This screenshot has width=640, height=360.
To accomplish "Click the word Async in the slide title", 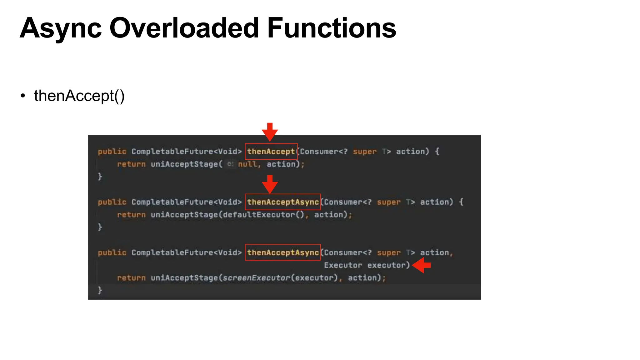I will [61, 28].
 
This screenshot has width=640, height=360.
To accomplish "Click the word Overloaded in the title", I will [184, 28].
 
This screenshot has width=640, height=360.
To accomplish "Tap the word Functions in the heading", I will [332, 28].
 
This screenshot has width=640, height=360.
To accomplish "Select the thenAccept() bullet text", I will [79, 96].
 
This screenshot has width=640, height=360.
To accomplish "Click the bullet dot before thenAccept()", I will [22, 96].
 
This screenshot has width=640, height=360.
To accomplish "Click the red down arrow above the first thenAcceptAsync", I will [270, 184].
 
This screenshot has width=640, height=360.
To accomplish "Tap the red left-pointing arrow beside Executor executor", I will [422, 265].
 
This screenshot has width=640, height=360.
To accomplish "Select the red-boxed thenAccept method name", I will [271, 152].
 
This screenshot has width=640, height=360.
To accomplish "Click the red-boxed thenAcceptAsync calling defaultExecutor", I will [283, 202].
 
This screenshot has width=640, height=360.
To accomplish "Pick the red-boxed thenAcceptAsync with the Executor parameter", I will [283, 252].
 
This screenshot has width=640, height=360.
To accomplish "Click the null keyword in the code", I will [247, 164].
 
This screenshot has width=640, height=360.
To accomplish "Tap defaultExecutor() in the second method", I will [263, 215].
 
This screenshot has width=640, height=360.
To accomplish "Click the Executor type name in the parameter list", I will [343, 265].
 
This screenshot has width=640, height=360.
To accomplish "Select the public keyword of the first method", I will [112, 152].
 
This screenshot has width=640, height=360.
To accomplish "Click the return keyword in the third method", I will [131, 278].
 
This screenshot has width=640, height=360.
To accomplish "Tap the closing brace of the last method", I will [100, 290].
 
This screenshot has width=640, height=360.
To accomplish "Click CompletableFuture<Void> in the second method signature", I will [187, 202].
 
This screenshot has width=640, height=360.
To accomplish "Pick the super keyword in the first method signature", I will [365, 152].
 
